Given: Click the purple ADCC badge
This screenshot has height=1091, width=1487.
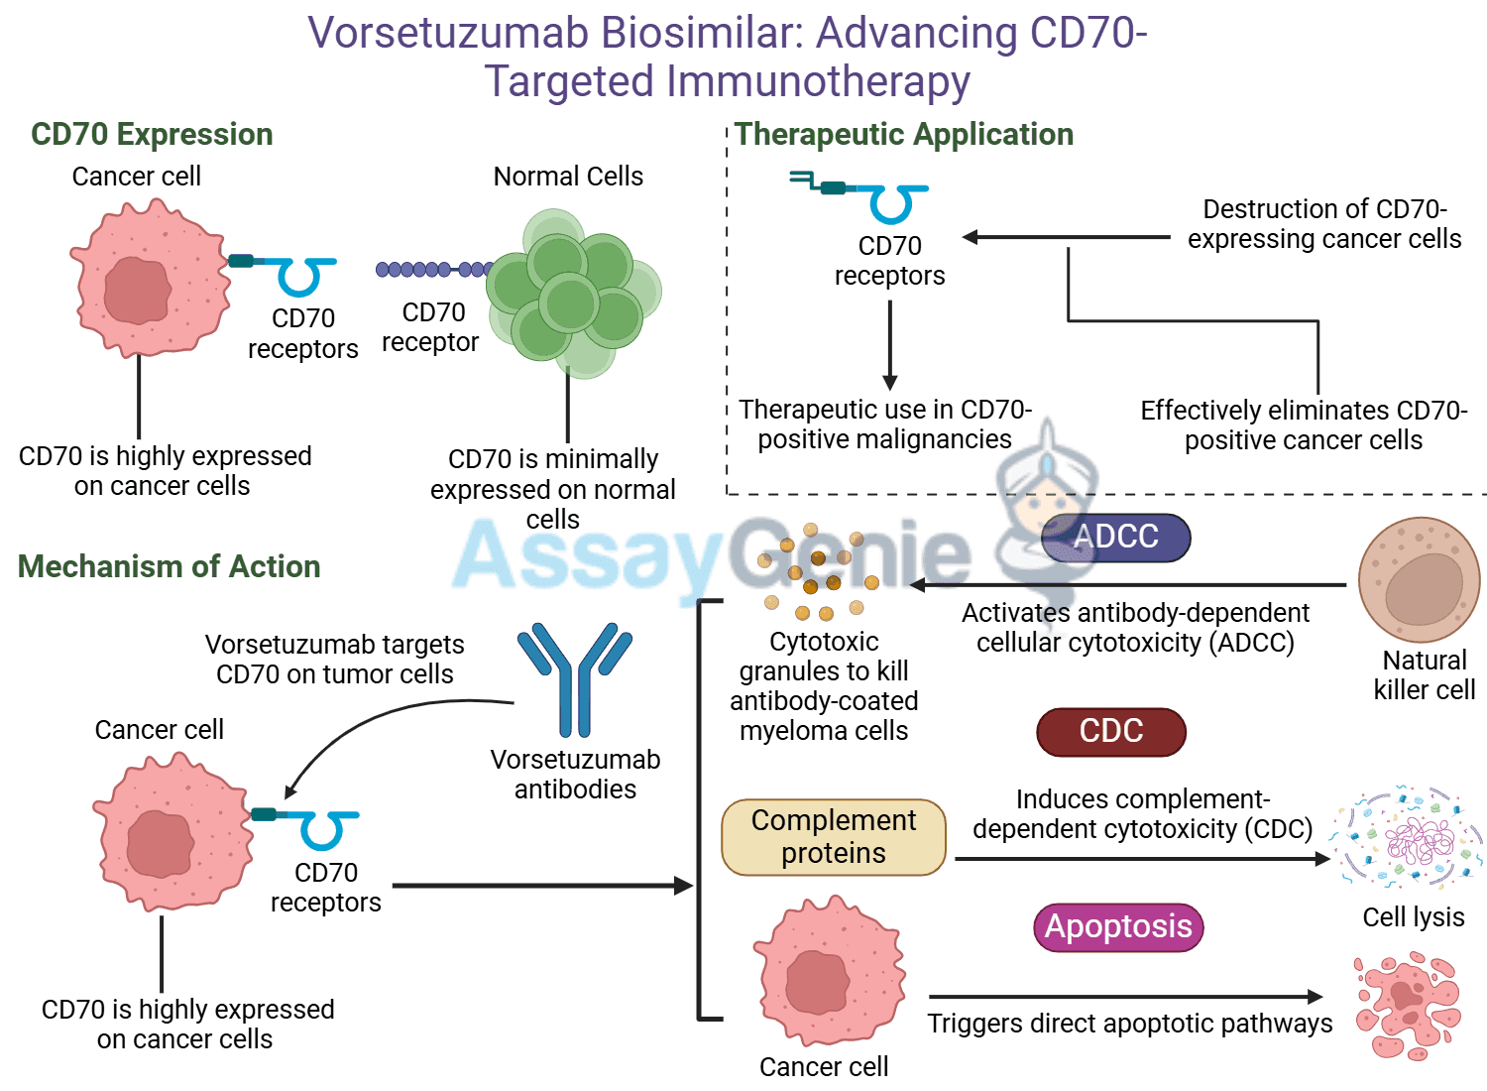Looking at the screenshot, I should [x=1115, y=537].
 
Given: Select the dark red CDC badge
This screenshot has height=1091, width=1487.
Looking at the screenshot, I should [x=1110, y=732].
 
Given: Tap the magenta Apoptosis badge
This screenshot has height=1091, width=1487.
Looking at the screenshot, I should [x=1117, y=927].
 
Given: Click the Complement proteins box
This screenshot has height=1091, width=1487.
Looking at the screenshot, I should [x=833, y=837].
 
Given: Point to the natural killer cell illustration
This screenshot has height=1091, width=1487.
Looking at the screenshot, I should [x=1419, y=580].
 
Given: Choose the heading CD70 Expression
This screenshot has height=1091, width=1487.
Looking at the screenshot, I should [x=152, y=134].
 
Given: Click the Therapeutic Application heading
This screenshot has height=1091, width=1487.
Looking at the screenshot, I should [x=903, y=134].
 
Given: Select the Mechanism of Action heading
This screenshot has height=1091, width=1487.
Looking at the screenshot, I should [x=169, y=566].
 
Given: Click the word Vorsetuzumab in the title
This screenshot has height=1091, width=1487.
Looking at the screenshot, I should [x=448, y=33].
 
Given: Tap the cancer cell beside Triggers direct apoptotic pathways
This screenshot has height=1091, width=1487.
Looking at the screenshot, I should [x=829, y=973].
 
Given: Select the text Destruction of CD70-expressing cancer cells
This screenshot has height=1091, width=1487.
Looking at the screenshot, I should [x=1323, y=224].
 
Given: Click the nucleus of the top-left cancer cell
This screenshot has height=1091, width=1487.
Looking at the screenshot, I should [x=137, y=290].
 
